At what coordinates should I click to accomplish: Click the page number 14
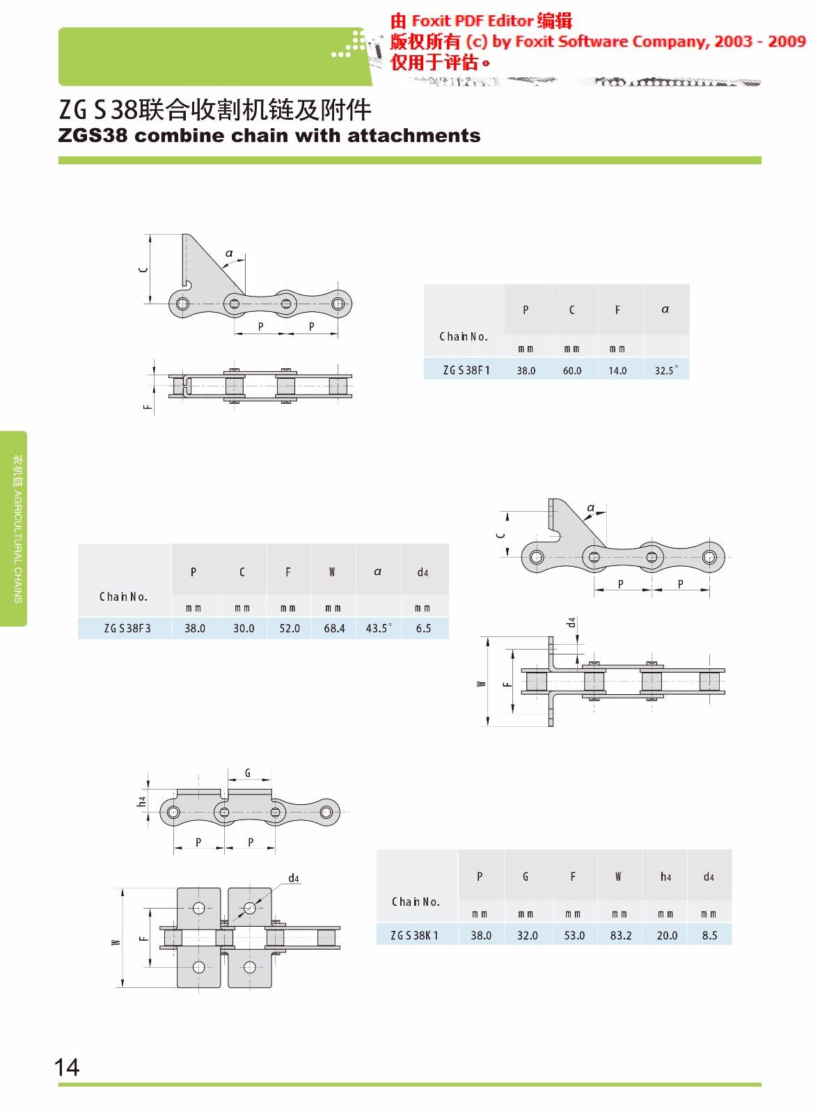coord(67,1067)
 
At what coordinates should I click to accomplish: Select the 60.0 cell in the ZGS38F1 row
coord(572,370)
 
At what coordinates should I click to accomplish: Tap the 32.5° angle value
coord(665,370)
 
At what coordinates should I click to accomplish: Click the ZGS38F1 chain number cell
coord(466,370)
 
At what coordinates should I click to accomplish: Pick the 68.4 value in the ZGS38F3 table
coord(334,628)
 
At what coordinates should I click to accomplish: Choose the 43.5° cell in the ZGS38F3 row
coord(379,628)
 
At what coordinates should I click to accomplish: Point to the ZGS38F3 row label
coord(127,628)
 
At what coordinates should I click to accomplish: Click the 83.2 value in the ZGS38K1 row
coord(621,936)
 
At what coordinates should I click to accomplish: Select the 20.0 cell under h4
coord(667,936)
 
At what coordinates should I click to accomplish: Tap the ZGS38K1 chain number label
coord(414,936)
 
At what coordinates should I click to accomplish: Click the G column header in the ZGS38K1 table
coord(526,877)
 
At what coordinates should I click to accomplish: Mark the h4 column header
coord(665,877)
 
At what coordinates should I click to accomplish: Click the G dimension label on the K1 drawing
coord(248,773)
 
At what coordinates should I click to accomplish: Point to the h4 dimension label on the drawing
coord(142,801)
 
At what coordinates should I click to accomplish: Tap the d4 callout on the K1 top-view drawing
coord(294,878)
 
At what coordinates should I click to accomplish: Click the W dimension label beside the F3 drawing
coord(481,684)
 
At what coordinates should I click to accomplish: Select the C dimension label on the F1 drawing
coord(143,269)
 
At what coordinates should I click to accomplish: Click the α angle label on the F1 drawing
coord(229,253)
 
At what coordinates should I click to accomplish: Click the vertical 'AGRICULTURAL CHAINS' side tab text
coord(18,547)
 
